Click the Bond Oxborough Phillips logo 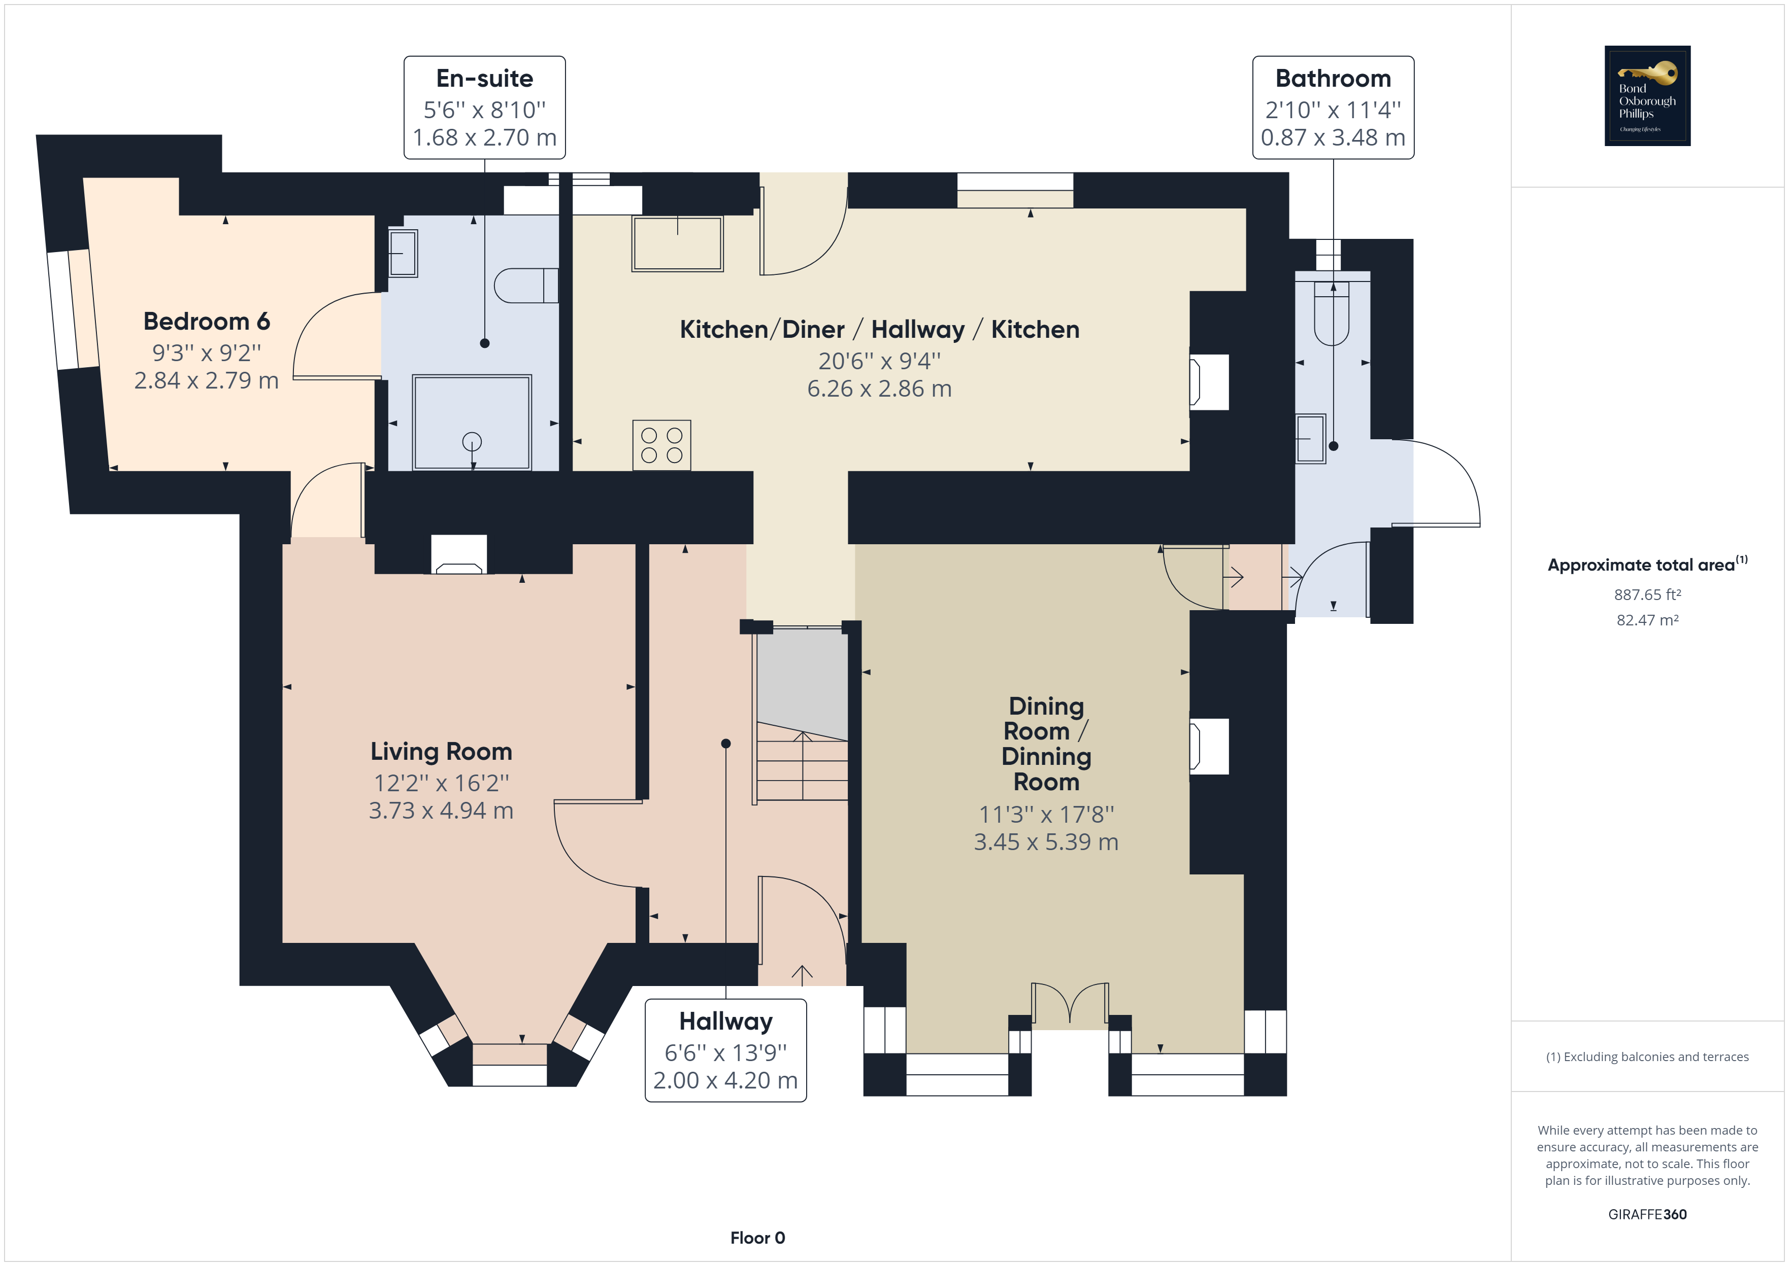click(x=1647, y=96)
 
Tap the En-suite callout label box click(x=484, y=108)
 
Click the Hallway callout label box click(x=725, y=1050)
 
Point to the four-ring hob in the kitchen click(x=661, y=445)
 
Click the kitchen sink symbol click(x=677, y=243)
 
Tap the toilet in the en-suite click(x=526, y=286)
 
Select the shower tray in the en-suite click(x=472, y=423)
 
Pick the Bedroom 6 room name click(x=207, y=321)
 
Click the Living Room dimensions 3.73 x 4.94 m click(x=441, y=811)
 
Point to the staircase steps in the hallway click(x=802, y=768)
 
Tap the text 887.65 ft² click(x=1647, y=595)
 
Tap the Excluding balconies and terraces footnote click(x=1647, y=1057)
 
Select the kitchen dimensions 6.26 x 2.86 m click(x=879, y=388)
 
